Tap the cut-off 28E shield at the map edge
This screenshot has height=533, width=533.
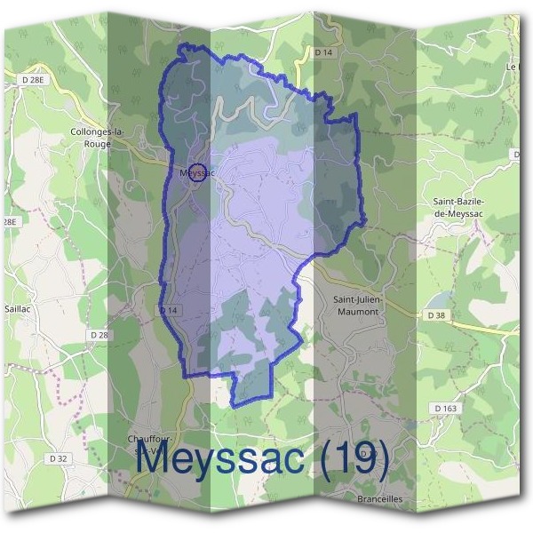point(9,221)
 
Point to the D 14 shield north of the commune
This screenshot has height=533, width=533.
point(322,53)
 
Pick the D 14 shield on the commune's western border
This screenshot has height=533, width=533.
point(170,310)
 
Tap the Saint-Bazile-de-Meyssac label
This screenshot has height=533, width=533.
point(480,207)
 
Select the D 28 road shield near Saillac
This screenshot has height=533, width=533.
point(99,334)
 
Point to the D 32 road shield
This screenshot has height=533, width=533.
point(59,458)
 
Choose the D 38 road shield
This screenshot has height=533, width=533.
point(435,315)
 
